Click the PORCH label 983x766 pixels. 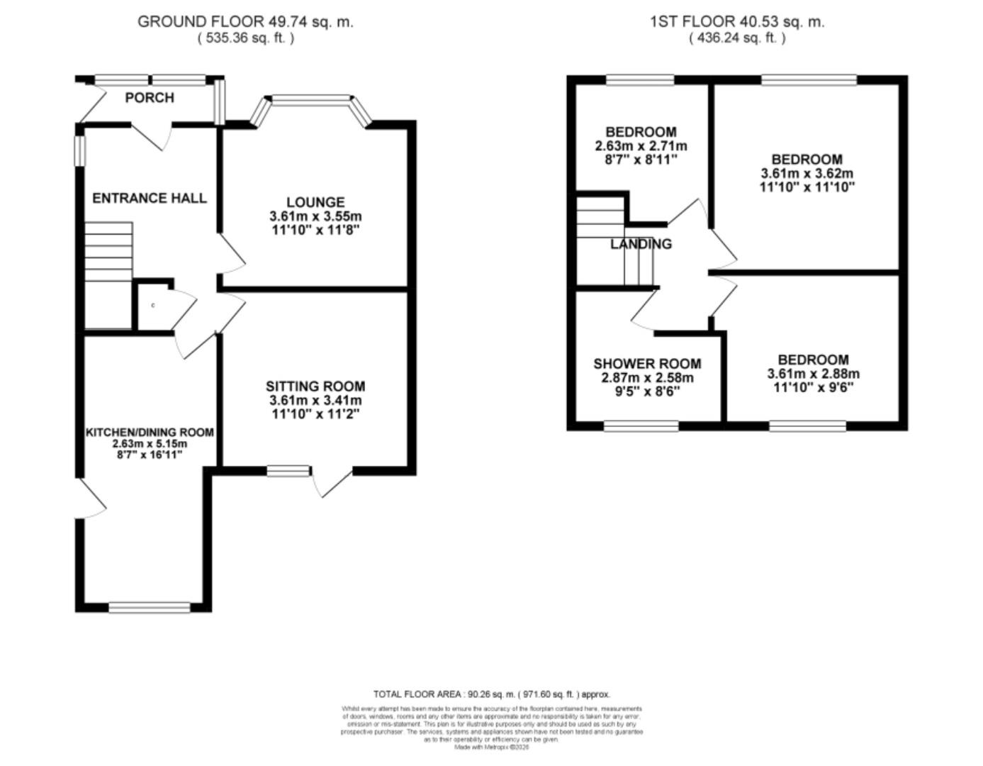149,98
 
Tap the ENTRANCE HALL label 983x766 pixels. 150,199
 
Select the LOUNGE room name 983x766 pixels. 315,203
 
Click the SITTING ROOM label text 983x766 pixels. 315,387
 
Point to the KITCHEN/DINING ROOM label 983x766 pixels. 150,432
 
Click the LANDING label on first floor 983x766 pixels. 641,245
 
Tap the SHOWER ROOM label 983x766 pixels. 647,364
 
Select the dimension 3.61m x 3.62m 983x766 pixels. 807,174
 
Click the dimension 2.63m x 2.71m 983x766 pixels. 641,146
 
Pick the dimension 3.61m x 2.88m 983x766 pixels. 813,374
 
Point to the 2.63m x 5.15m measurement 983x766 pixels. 150,443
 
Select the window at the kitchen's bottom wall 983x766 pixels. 150,607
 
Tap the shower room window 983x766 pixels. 641,426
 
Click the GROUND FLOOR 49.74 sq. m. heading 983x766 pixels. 245,22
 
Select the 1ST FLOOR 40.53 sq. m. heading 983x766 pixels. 737,22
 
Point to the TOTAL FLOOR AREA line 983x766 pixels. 491,694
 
